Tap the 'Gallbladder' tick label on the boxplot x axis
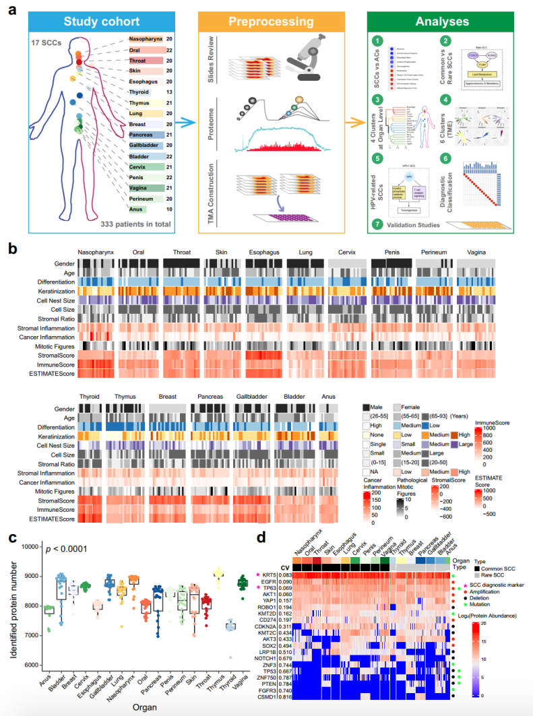tap(107, 689)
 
